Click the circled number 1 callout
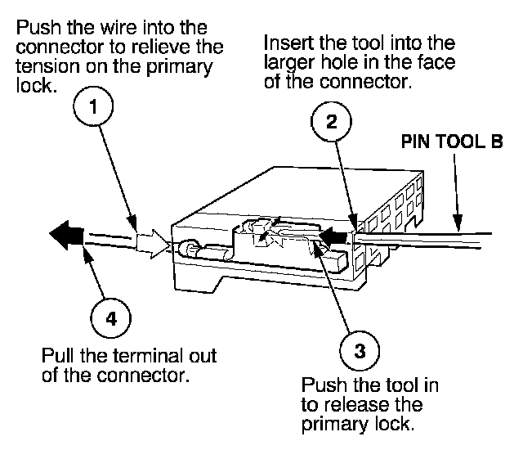tap(93, 106)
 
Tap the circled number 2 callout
tap(331, 122)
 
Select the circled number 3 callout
tap(360, 351)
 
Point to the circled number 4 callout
tap(111, 318)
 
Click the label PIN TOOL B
tap(452, 142)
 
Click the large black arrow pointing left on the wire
tap(66, 235)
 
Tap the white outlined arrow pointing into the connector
tap(154, 244)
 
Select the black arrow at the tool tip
tap(333, 236)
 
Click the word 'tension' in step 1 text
tap(48, 66)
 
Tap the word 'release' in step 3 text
tap(356, 405)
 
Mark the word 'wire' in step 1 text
tap(118, 27)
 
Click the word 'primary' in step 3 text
tap(335, 425)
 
